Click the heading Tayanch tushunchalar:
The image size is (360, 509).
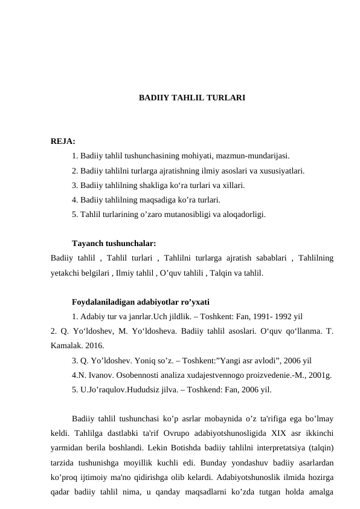pos(114,244)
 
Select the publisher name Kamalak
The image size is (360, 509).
pos(65,346)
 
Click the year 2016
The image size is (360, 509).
pos(94,346)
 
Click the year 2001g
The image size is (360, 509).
pos(318,375)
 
